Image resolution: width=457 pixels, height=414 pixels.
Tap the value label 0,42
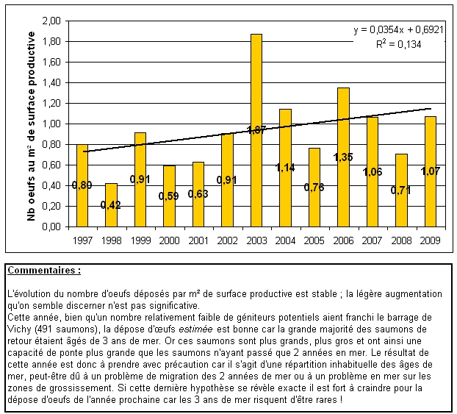click(112, 205)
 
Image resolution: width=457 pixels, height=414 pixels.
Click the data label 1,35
click(343, 157)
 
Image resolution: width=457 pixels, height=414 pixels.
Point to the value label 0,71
click(400, 190)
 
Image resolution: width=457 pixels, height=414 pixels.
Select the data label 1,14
click(285, 168)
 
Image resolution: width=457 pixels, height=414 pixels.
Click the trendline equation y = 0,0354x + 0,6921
click(398, 30)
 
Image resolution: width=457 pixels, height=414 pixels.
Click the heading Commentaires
click(43, 271)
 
